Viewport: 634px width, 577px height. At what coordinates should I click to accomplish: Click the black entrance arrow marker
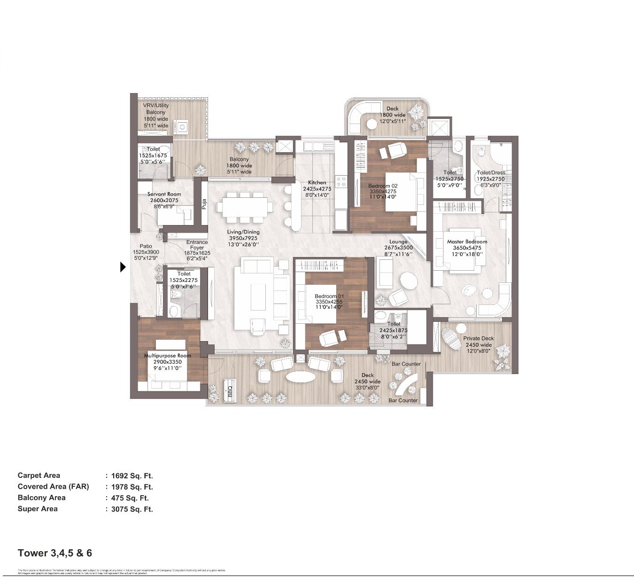(x=123, y=267)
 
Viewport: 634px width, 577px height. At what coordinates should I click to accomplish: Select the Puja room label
(x=204, y=204)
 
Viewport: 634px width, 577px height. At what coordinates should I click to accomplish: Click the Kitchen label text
(x=317, y=182)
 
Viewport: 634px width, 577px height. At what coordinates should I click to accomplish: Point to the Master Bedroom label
(x=467, y=242)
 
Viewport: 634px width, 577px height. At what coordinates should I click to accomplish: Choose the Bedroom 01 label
(x=329, y=296)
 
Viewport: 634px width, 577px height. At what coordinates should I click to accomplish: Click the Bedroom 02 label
(x=383, y=186)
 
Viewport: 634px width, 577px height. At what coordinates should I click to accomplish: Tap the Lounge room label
(x=398, y=242)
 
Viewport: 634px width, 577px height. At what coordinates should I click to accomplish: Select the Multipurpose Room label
(x=168, y=356)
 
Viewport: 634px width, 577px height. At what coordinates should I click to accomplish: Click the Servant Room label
(x=164, y=194)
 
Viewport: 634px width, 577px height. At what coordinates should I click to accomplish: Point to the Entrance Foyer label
(x=197, y=245)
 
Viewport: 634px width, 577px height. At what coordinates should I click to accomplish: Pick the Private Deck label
(x=479, y=338)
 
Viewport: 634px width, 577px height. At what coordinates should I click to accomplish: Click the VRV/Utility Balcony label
(x=156, y=109)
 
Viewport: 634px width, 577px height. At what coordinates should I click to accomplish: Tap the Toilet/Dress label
(x=491, y=172)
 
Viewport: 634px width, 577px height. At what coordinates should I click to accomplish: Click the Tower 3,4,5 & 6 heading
(x=55, y=553)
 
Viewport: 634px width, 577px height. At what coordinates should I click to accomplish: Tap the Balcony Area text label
(x=41, y=498)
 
